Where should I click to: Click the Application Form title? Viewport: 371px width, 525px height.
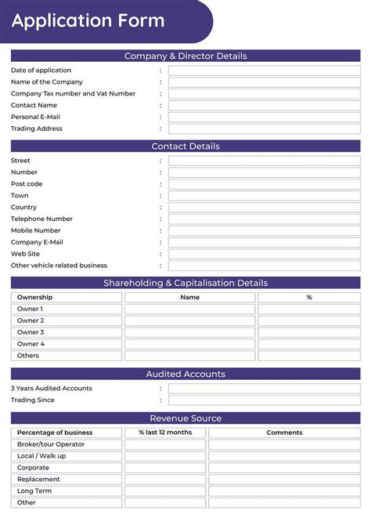click(x=88, y=21)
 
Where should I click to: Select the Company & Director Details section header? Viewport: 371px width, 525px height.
click(x=185, y=56)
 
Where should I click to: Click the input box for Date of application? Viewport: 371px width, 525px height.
click(x=264, y=71)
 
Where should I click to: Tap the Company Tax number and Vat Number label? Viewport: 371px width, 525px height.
click(x=73, y=94)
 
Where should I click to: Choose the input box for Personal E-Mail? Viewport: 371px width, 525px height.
click(x=264, y=117)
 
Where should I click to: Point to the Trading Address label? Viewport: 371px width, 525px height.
click(x=36, y=129)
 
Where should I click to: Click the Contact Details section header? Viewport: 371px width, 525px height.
click(x=185, y=146)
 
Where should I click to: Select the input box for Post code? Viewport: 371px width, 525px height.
click(x=264, y=184)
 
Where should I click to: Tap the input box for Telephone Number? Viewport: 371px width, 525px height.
click(x=264, y=219)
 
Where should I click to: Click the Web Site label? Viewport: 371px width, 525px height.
click(x=25, y=254)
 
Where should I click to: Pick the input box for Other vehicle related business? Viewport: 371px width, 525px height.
click(x=264, y=266)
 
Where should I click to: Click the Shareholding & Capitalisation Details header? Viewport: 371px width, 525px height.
click(x=185, y=283)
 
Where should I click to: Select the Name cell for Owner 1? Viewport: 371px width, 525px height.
click(x=189, y=309)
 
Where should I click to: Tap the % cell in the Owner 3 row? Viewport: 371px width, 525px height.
click(x=308, y=332)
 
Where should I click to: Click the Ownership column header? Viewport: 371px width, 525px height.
click(x=35, y=298)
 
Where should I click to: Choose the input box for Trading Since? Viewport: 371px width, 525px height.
click(x=264, y=400)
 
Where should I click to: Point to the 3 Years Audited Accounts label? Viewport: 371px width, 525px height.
click(x=51, y=389)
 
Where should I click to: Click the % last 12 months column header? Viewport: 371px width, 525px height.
click(x=164, y=433)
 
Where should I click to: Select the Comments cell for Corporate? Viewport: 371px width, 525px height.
click(x=284, y=468)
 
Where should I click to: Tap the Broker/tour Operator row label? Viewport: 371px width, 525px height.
click(x=51, y=444)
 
